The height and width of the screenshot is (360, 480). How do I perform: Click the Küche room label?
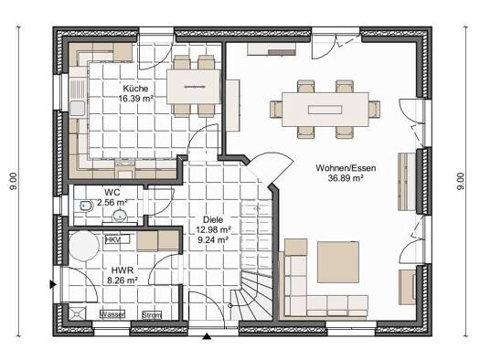(x=135, y=89)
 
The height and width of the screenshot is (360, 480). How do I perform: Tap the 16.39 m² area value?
(x=136, y=99)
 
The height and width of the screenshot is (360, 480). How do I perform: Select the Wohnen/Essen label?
(x=346, y=168)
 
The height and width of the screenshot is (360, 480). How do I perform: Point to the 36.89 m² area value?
(x=346, y=178)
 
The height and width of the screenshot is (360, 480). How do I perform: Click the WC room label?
(x=112, y=193)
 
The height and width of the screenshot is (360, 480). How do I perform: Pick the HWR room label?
(x=123, y=270)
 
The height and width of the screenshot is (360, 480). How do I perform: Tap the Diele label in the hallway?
(x=213, y=219)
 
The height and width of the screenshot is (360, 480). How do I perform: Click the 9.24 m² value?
(x=213, y=239)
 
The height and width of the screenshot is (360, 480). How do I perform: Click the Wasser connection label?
(x=112, y=314)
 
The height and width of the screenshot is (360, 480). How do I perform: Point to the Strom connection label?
(x=152, y=314)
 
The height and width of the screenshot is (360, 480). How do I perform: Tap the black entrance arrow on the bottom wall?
(x=208, y=336)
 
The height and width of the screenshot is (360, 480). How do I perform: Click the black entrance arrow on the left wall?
(x=53, y=284)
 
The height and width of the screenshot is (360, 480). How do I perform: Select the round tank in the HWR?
(x=84, y=245)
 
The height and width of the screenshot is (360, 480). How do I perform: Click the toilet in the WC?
(x=86, y=206)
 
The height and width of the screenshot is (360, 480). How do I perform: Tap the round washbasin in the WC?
(x=120, y=216)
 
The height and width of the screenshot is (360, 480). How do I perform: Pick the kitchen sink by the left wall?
(x=77, y=109)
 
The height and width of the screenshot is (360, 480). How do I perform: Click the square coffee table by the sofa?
(x=338, y=262)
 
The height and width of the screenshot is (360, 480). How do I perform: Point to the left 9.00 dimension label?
(x=14, y=181)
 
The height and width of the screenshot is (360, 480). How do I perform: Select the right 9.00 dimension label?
(x=460, y=181)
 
